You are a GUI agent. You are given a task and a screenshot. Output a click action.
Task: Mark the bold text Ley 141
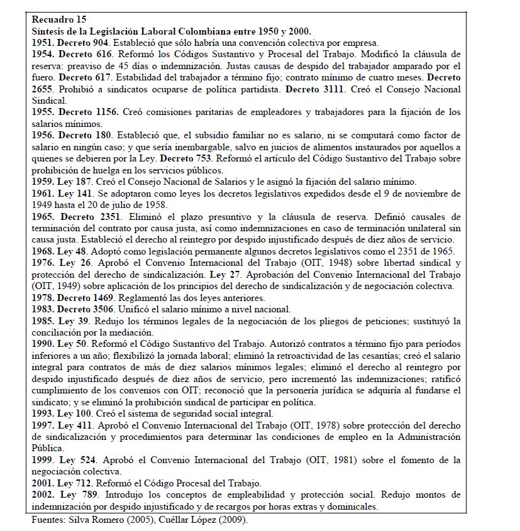pyautogui.click(x=75, y=192)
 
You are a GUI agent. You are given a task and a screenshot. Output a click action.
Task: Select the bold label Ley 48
pyautogui.click(x=73, y=250)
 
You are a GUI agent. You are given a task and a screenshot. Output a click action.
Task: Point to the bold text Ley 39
pyautogui.click(x=73, y=320)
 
